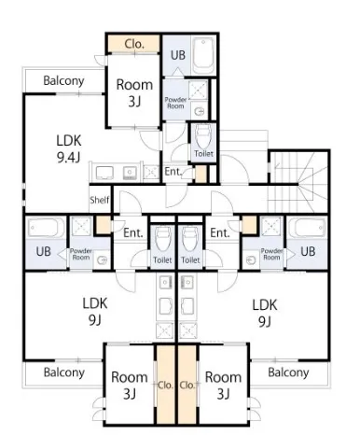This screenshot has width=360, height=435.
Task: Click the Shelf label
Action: (x=100, y=200)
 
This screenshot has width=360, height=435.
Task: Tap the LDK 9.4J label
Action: (x=69, y=149)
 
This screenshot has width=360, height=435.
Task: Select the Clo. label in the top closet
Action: (x=134, y=44)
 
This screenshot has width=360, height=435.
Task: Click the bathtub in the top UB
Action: (x=203, y=56)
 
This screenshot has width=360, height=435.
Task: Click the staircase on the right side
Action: (x=298, y=182)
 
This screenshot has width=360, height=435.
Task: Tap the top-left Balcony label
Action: (x=63, y=80)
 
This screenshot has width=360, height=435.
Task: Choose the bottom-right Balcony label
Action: (x=288, y=372)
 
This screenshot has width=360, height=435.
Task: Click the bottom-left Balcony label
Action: (x=64, y=372)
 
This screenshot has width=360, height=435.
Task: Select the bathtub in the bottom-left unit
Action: (x=46, y=228)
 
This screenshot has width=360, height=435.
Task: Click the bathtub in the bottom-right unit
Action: (x=307, y=228)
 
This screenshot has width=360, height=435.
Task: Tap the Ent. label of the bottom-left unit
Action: (x=133, y=232)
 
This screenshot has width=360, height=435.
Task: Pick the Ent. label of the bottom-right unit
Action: (x=220, y=232)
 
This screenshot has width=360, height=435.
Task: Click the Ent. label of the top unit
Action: (x=173, y=172)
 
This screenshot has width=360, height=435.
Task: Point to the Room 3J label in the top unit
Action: (x=134, y=93)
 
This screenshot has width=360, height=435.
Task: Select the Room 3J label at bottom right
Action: (x=223, y=386)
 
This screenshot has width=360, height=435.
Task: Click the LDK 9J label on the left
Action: (x=95, y=312)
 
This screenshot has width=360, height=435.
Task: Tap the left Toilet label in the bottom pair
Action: (x=162, y=260)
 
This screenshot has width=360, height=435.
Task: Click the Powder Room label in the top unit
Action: (x=175, y=103)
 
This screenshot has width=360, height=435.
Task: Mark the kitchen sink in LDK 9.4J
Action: (x=130, y=173)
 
